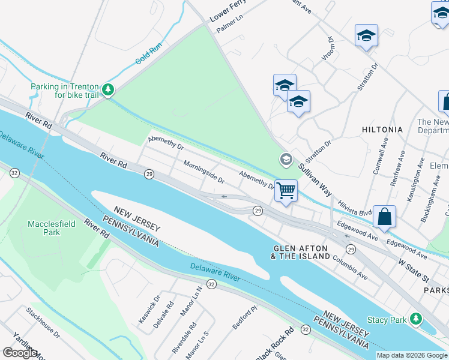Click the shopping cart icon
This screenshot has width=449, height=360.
coord(286,191)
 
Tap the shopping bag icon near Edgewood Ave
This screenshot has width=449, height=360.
coord(385,216)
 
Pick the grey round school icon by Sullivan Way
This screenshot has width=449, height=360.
coord(286,160)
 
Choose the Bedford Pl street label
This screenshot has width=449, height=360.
coord(245,317)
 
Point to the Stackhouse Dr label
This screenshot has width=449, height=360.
coord(43,322)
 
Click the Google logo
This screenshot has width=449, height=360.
coord(20,353)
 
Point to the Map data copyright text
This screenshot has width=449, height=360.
coord(412,355)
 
